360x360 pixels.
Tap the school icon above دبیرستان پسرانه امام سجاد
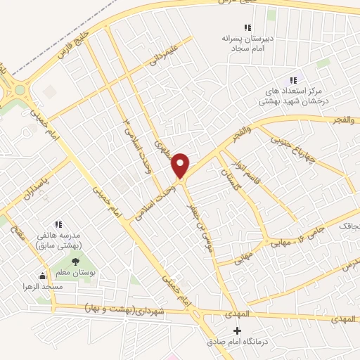click(x=247, y=27)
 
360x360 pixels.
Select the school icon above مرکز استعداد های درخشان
click(x=294, y=80)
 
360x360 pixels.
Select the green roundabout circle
click(x=19, y=89)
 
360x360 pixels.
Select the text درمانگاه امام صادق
click(x=235, y=342)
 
